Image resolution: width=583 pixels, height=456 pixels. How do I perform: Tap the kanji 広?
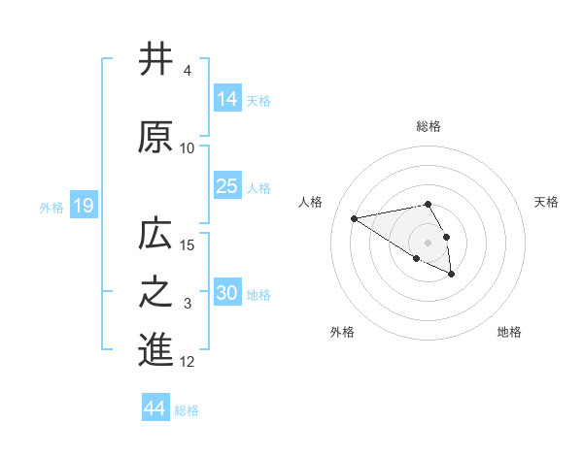point(155,234)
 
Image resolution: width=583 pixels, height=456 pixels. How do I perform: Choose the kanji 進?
point(155,351)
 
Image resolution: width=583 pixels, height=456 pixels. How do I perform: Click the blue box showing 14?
point(228,99)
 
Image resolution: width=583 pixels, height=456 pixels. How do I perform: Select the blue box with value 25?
point(228,186)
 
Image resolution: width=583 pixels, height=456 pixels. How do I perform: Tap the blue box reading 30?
point(228,293)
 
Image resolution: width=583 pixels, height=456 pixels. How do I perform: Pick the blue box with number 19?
point(83,206)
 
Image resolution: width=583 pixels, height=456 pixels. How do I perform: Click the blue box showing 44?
point(155,409)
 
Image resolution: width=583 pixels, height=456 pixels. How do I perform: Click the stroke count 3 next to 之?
point(188,304)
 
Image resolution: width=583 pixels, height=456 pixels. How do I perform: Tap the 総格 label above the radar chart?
point(428,126)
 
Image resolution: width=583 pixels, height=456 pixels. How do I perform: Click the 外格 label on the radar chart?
point(342,332)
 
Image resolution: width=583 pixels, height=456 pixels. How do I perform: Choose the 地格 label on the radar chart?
point(509,332)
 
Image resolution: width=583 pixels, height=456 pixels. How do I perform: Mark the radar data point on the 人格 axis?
point(355,217)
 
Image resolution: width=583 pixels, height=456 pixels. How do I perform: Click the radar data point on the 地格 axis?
point(452,275)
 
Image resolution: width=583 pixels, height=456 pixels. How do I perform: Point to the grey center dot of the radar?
point(428,242)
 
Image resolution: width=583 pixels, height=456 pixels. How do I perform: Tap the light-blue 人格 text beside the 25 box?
point(258,187)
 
